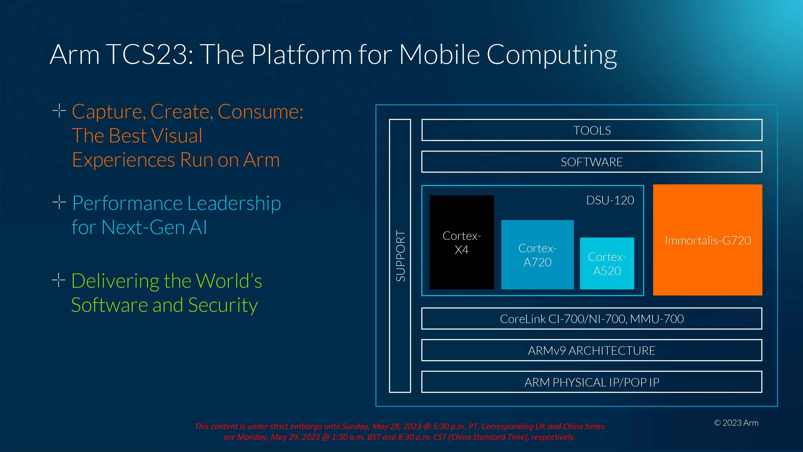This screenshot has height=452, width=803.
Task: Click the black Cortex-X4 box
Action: (x=462, y=242)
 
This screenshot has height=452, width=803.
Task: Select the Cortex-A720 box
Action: (x=537, y=255)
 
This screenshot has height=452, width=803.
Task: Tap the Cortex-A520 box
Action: (x=607, y=264)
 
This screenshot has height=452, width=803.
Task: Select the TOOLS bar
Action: (x=592, y=130)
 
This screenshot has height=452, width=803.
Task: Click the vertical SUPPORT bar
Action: (x=400, y=256)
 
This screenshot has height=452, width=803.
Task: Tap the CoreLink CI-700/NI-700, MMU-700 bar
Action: (x=592, y=318)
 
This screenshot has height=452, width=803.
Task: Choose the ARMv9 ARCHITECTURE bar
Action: (x=592, y=350)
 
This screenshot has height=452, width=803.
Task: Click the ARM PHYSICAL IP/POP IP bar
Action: (x=592, y=382)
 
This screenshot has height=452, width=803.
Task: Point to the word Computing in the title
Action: (x=551, y=55)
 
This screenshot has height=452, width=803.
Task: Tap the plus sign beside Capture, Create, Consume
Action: (x=59, y=111)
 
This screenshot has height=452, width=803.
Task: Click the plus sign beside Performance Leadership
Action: (x=59, y=202)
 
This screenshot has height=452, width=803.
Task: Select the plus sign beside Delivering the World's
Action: (x=59, y=280)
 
